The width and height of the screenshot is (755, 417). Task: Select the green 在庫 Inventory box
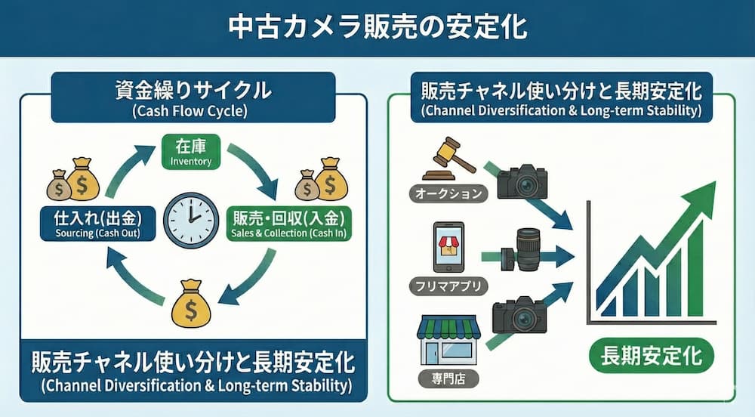pos(191,151)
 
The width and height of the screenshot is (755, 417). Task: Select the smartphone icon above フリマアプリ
pos(448,247)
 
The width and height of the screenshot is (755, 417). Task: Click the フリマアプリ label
pos(448,286)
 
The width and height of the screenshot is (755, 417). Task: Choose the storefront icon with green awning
pos(448,339)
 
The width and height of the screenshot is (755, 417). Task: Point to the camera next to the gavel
pos(522,181)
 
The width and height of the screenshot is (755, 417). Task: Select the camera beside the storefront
pos(519,314)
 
